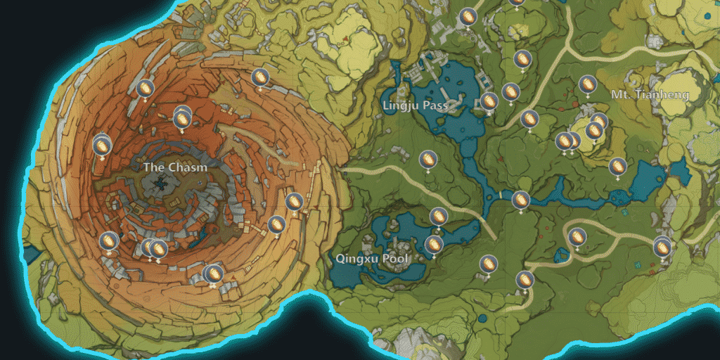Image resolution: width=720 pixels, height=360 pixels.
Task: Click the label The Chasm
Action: pos(175,167)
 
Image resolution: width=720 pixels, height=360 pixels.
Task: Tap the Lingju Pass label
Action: pos(416,105)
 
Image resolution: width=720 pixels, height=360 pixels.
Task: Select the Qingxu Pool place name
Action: pos(371,258)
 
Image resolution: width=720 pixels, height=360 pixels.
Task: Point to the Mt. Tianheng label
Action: pos(650,94)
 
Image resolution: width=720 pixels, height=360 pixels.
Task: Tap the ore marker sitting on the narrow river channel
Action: pos(520,200)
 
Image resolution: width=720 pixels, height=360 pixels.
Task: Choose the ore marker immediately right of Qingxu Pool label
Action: pos(434,245)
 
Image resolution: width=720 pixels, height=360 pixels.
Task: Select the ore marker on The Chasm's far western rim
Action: pos(102,146)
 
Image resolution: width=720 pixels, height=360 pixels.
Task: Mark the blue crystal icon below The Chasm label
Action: pos(161,184)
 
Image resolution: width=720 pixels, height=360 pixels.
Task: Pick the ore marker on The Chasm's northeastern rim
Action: pos(260,77)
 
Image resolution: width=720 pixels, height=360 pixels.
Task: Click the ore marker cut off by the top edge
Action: pos(517,2)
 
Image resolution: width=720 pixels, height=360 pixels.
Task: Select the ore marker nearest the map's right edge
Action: pos(662,247)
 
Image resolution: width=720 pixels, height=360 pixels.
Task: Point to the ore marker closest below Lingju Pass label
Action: pos(427,160)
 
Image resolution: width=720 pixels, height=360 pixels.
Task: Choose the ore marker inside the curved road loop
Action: pos(577,237)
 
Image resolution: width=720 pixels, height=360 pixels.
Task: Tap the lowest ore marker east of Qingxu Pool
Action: pos(525,280)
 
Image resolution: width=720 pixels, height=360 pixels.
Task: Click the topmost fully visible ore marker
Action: pos(468,17)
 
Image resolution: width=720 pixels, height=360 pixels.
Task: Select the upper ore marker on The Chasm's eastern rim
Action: pos(295,202)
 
